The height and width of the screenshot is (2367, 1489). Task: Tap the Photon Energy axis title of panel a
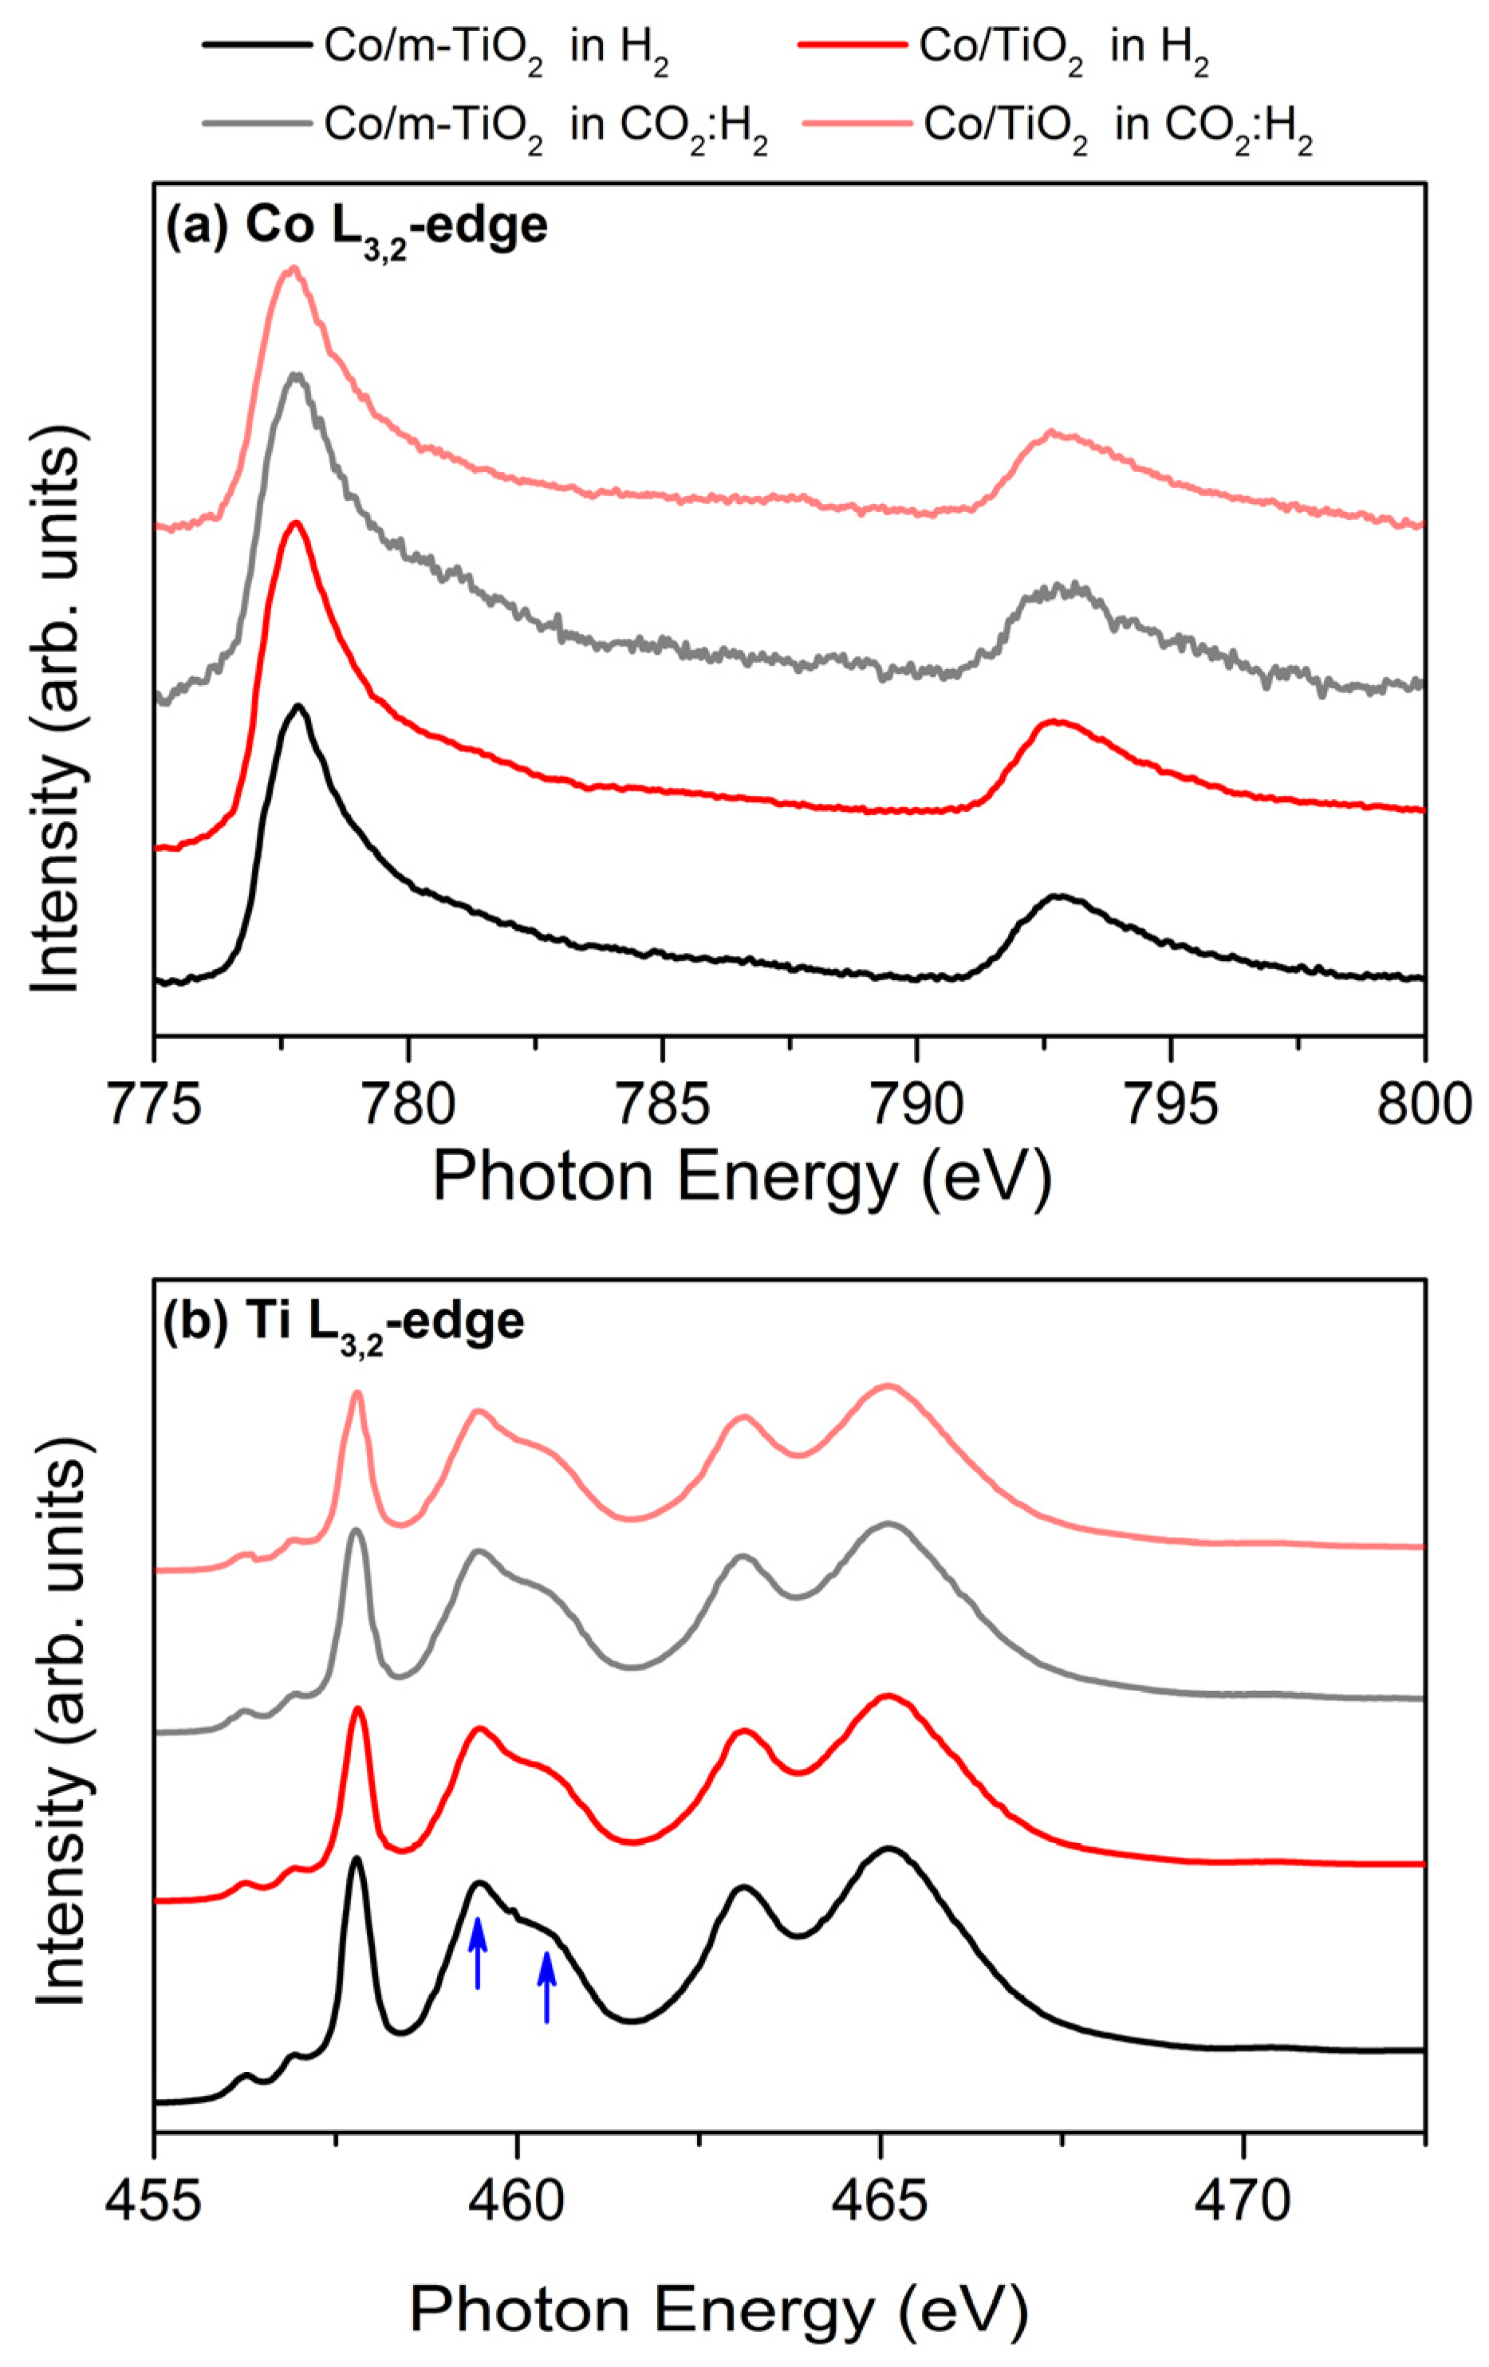(x=742, y=1176)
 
